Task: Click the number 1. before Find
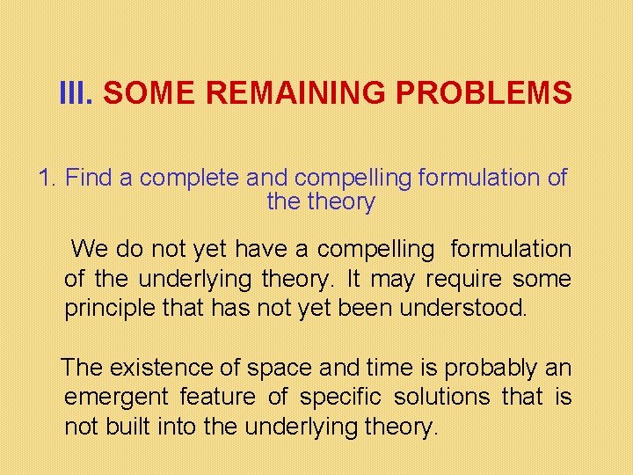pos(48,178)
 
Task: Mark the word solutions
pos(441,397)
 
